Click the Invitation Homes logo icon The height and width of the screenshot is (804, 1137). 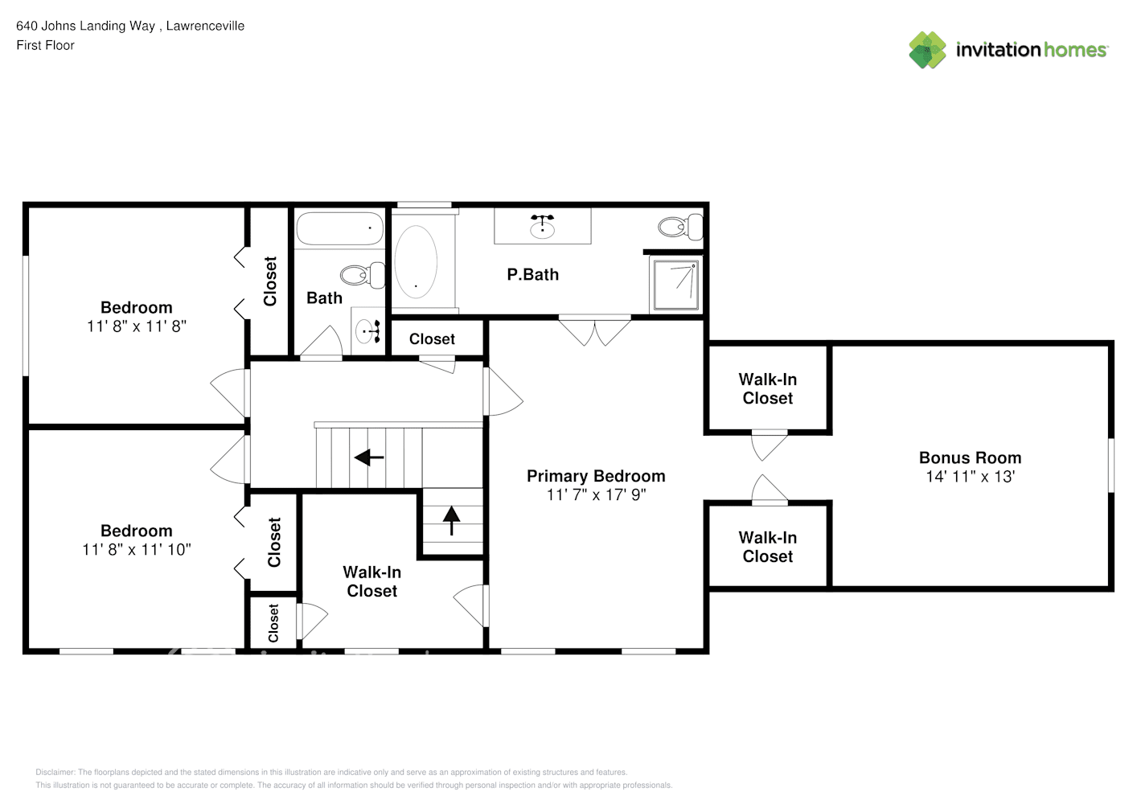tap(927, 50)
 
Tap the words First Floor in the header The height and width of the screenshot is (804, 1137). tap(45, 45)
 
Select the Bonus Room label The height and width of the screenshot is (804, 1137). tap(970, 457)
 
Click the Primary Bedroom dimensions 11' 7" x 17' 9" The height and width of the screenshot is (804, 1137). tap(596, 494)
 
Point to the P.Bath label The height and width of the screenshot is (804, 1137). tap(532, 275)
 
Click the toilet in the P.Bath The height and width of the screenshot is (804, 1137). tap(681, 227)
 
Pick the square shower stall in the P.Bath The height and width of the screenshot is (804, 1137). tap(675, 285)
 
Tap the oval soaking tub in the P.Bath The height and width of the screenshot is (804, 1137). tap(416, 262)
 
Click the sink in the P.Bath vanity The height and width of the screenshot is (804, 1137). tap(542, 227)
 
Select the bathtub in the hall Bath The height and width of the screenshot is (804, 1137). tap(339, 228)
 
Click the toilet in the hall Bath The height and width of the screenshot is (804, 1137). tap(363, 275)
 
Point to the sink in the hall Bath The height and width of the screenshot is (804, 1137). tap(368, 331)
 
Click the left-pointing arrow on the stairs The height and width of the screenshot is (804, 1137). tap(368, 457)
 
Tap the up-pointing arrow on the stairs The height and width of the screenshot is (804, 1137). tap(451, 521)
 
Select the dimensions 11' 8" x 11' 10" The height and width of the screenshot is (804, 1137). tap(137, 549)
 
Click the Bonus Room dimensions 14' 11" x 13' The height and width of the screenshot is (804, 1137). tap(970, 477)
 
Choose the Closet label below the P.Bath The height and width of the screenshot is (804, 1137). tap(432, 339)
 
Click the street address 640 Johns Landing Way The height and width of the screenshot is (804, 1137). tap(85, 26)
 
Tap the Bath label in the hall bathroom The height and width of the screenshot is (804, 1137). tap(324, 298)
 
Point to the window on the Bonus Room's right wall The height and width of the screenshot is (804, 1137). tap(1111, 466)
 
